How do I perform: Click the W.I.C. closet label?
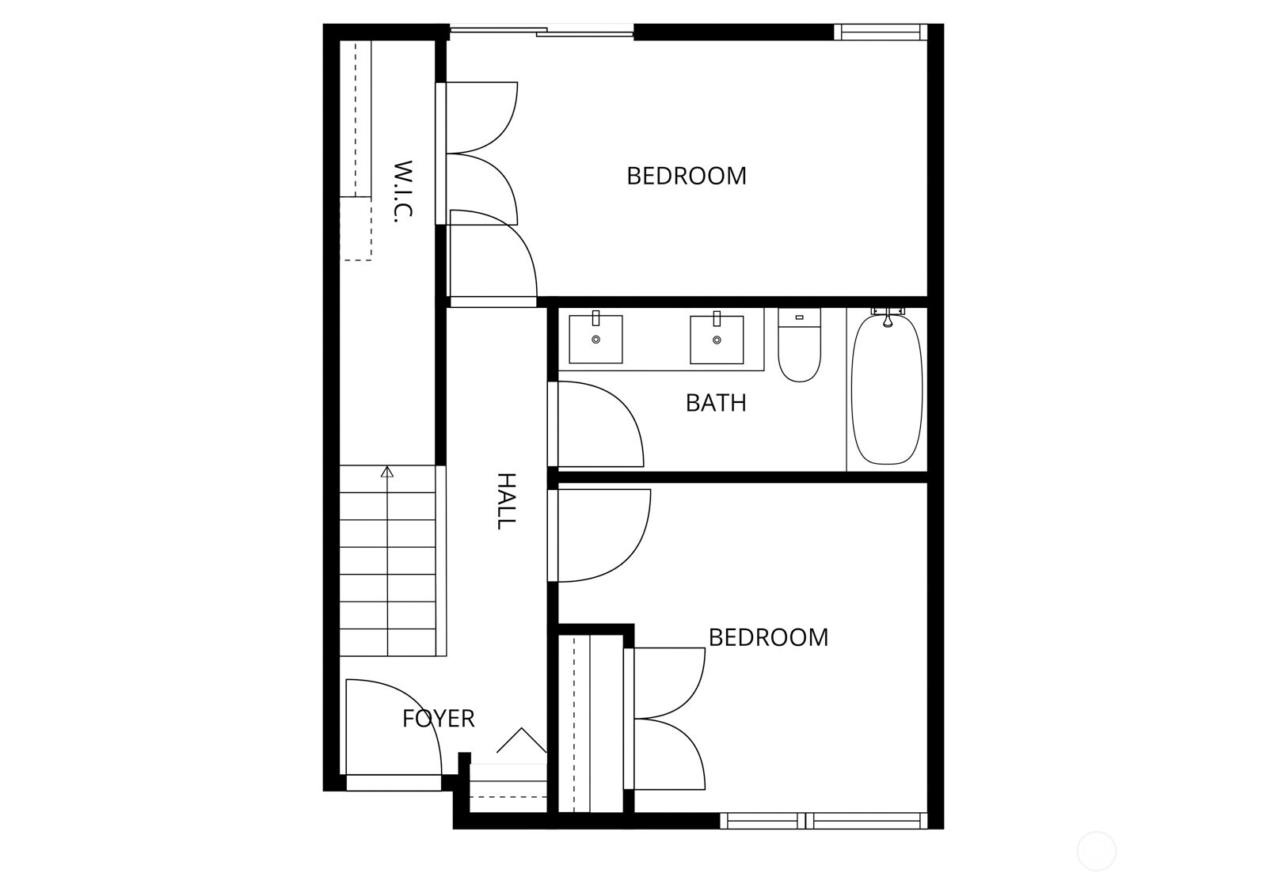pos(403,192)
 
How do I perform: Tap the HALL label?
pos(506,501)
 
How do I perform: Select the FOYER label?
pos(438,719)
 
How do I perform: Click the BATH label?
pos(716,403)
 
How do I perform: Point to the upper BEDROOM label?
pos(686,176)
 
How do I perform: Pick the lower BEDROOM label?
pos(768,637)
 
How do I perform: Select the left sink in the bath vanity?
pos(595,339)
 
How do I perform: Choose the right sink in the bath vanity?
pos(717,340)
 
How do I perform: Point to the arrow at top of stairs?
pos(386,472)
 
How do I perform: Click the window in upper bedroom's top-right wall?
pos(880,32)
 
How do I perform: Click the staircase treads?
pos(388,562)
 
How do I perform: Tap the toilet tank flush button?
pos(799,317)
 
